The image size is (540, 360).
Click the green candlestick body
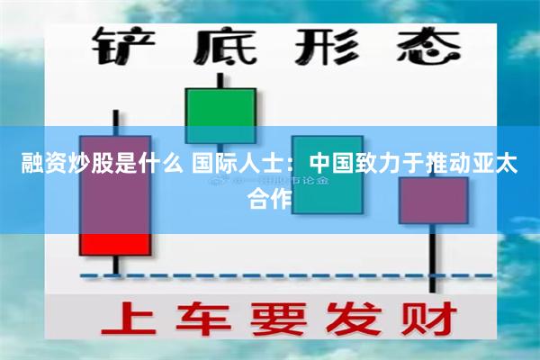220,112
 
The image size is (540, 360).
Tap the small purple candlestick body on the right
433,200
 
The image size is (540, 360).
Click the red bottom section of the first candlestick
115,244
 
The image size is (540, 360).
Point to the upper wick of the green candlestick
220,78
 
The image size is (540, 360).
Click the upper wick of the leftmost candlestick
115,121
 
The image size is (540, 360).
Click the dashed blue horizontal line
270,275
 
